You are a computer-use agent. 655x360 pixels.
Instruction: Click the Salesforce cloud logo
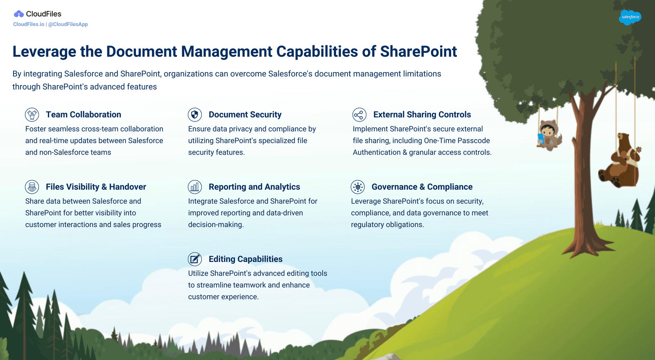[x=630, y=17]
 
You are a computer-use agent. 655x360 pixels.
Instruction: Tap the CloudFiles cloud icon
[x=19, y=14]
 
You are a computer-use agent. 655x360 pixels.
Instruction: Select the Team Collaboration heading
[x=84, y=115]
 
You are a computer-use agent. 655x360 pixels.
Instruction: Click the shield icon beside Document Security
[x=195, y=115]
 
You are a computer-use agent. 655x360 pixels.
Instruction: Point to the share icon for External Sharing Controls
[x=359, y=115]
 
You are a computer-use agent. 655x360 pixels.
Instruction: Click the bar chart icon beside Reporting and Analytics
[x=195, y=187]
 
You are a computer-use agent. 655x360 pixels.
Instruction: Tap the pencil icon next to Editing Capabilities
[x=195, y=259]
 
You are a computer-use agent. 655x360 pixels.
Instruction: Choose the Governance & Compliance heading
[x=422, y=187]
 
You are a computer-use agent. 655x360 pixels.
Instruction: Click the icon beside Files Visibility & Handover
[x=32, y=187]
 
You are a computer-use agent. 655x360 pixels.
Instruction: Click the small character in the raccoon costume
[x=549, y=135]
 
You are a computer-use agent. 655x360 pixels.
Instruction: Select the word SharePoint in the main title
[x=418, y=52]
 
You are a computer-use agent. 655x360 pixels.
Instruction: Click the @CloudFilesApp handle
[x=68, y=24]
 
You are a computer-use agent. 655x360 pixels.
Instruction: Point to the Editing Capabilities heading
[x=246, y=259]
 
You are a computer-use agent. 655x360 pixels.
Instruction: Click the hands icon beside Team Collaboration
[x=32, y=115]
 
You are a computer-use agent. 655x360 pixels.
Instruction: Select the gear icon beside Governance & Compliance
[x=358, y=187]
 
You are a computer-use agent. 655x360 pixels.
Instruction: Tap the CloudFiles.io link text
[x=29, y=24]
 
